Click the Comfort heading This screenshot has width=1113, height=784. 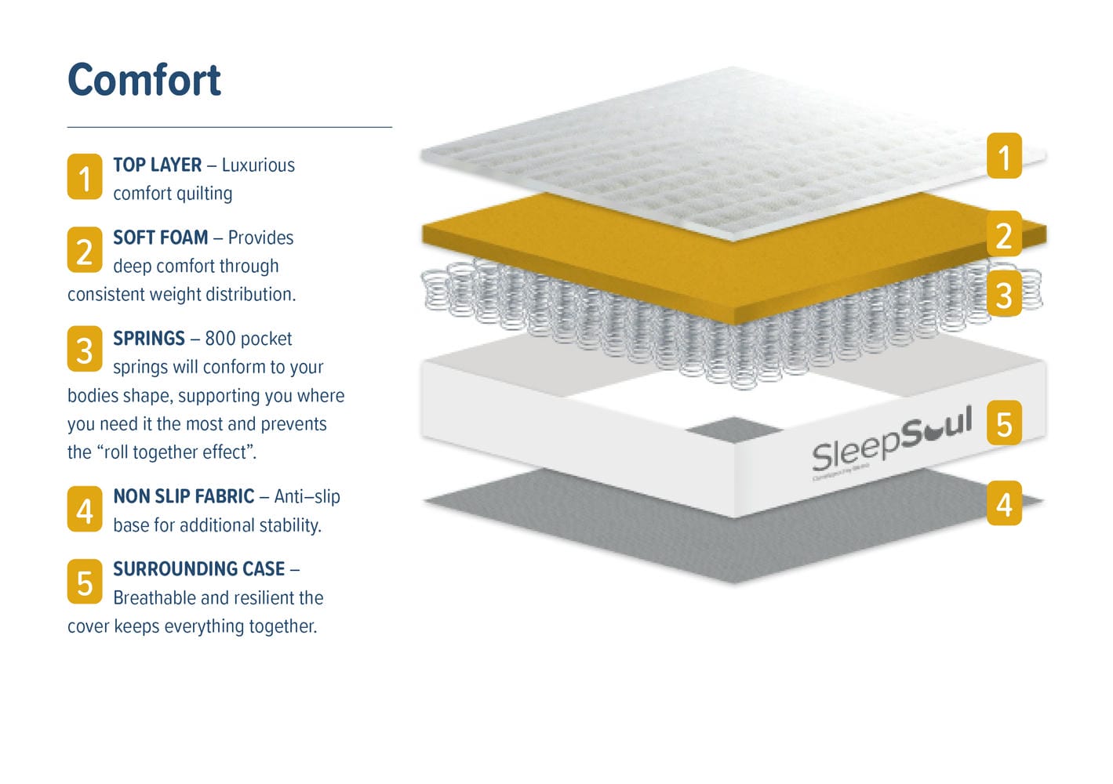pyautogui.click(x=144, y=80)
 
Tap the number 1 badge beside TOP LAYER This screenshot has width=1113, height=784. pyautogui.click(x=85, y=176)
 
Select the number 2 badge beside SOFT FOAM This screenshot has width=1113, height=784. pyautogui.click(x=85, y=250)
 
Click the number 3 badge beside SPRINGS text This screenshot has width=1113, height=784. pyautogui.click(x=85, y=349)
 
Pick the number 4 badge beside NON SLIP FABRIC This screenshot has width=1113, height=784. pyautogui.click(x=85, y=510)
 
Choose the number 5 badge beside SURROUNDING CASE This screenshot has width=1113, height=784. pyautogui.click(x=85, y=582)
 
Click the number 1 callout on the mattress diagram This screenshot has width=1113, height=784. pyautogui.click(x=1004, y=156)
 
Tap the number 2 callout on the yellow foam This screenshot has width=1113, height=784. pyautogui.click(x=1004, y=234)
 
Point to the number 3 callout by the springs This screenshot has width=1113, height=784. pyautogui.click(x=1004, y=294)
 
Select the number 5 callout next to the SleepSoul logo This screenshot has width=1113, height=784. pyautogui.click(x=1004, y=423)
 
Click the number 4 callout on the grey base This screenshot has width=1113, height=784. pyautogui.click(x=1004, y=503)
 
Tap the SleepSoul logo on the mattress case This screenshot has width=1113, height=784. pyautogui.click(x=892, y=442)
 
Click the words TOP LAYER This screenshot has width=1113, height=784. pyautogui.click(x=158, y=165)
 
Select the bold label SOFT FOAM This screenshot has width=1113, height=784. pyautogui.click(x=161, y=238)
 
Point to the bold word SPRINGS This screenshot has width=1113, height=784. pyautogui.click(x=149, y=339)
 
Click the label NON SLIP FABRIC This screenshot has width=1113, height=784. pyautogui.click(x=184, y=496)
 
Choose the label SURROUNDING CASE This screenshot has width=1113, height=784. pyautogui.click(x=199, y=569)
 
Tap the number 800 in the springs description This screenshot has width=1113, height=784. pyautogui.click(x=220, y=339)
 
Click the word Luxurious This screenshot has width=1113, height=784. pyautogui.click(x=258, y=165)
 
